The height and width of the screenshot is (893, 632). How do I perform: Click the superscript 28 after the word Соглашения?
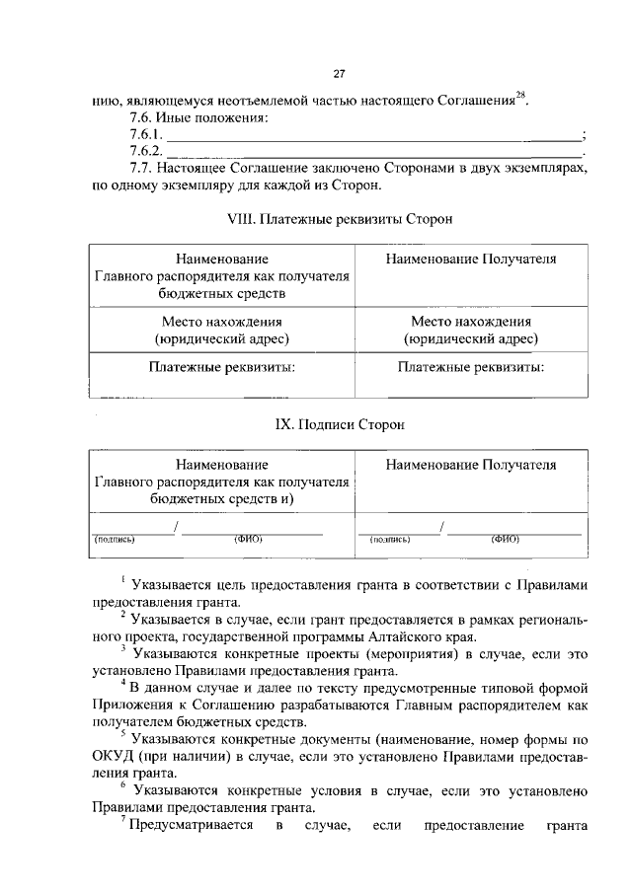pyautogui.click(x=522, y=95)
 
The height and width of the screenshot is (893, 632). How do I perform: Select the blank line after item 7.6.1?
pyautogui.click(x=375, y=136)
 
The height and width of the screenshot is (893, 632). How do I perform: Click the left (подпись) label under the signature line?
pyautogui.click(x=115, y=540)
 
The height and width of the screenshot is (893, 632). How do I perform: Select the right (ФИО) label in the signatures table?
pyautogui.click(x=505, y=540)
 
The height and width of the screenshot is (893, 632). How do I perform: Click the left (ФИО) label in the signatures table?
pyautogui.click(x=248, y=540)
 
